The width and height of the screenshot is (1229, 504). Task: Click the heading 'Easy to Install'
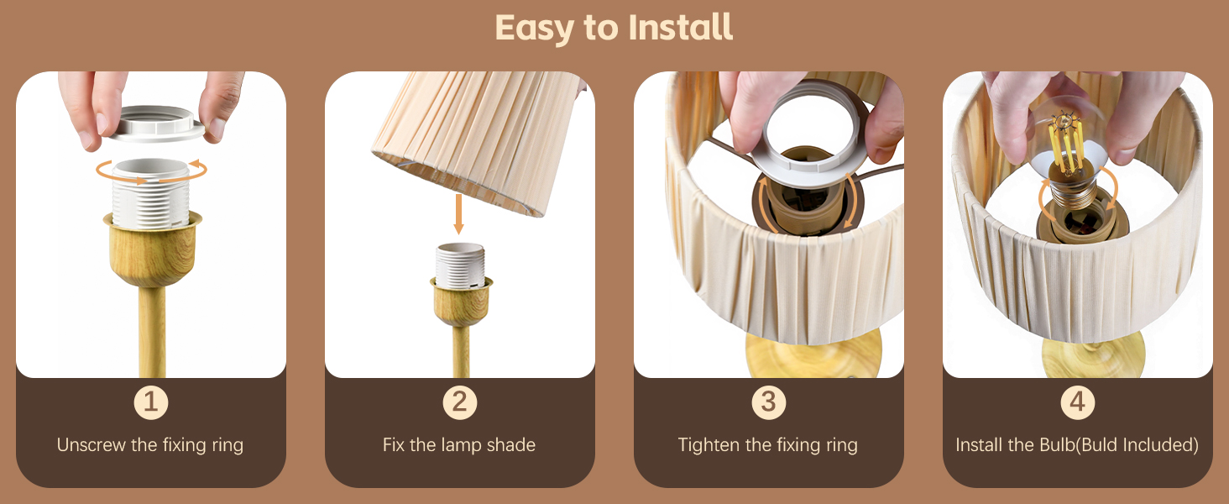click(614, 28)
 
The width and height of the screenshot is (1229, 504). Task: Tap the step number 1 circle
click(151, 403)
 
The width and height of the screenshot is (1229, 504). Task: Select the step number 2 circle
click(460, 403)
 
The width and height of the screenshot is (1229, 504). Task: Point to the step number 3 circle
click(768, 403)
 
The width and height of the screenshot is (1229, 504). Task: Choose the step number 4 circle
click(1077, 403)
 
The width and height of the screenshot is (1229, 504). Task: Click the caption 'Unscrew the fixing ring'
click(150, 445)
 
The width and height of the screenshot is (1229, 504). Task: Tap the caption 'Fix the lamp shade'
click(459, 445)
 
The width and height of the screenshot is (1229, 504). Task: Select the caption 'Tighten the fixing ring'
click(768, 445)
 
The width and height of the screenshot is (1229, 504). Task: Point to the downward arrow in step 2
click(458, 214)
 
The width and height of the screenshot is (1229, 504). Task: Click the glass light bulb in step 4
click(1070, 143)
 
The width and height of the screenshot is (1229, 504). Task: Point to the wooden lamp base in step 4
click(1091, 357)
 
